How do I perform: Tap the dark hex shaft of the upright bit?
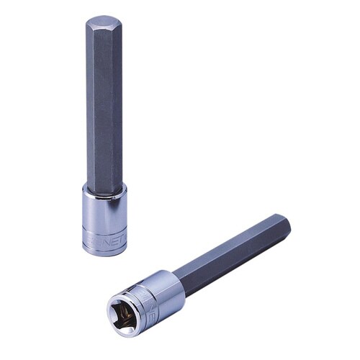tap(104, 108)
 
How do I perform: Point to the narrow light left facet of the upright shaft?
tap(89, 108)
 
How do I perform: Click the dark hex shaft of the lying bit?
tap(230, 252)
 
